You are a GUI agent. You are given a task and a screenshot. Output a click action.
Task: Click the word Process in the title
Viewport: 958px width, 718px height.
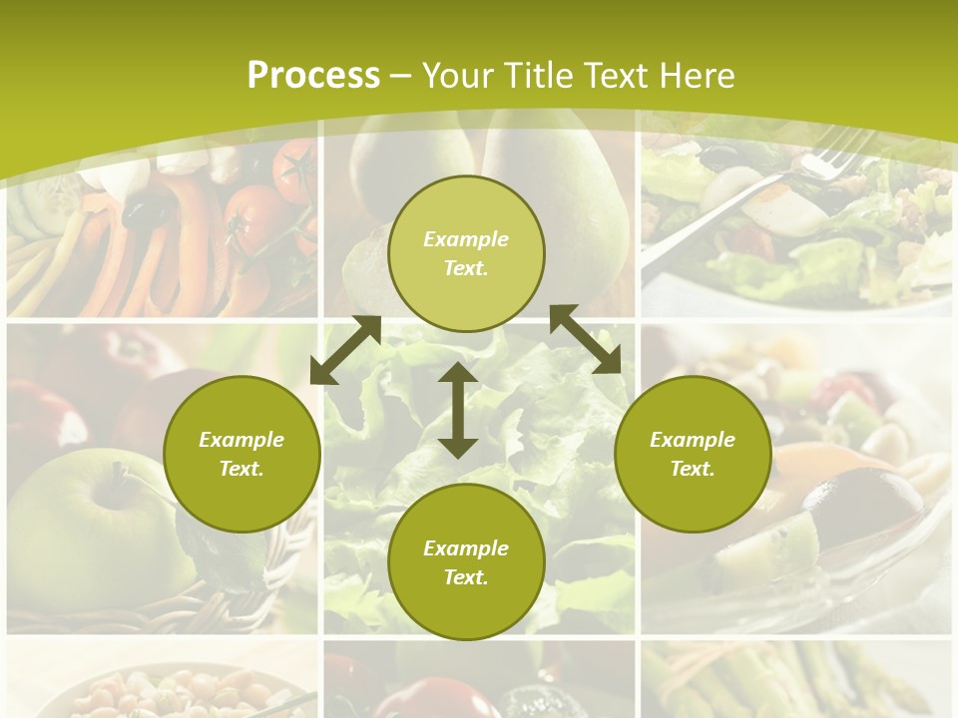click(x=313, y=76)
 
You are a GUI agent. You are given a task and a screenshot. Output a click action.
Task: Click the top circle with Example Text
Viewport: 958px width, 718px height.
click(x=466, y=253)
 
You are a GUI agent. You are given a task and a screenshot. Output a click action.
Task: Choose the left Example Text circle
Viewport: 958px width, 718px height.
click(x=241, y=454)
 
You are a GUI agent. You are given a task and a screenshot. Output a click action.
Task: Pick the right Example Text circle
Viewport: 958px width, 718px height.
click(x=693, y=454)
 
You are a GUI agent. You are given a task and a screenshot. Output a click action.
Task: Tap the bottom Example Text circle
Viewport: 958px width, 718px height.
click(x=466, y=561)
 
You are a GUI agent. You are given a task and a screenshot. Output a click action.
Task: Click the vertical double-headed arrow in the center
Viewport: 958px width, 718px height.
click(x=458, y=410)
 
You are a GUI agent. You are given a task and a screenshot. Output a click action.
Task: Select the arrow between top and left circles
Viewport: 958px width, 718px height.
click(x=345, y=350)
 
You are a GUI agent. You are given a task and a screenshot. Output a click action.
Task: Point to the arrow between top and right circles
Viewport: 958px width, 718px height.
click(x=586, y=339)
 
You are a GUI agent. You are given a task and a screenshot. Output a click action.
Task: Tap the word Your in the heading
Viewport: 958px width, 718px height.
click(x=455, y=76)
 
